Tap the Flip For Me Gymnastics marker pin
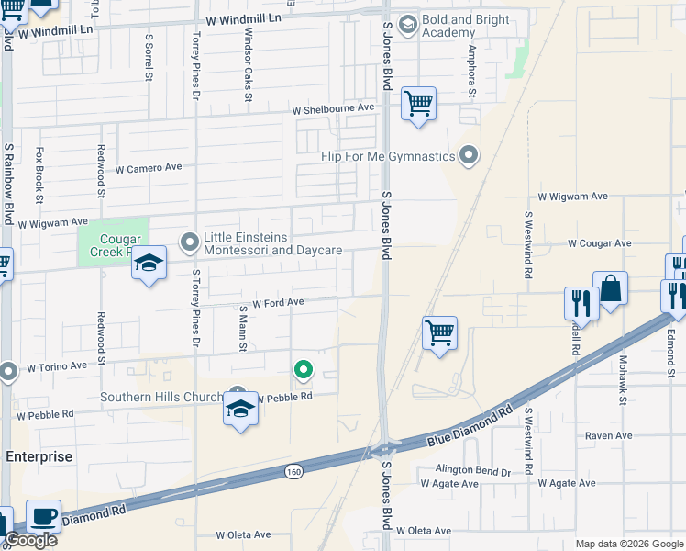pyautogui.click(x=470, y=155)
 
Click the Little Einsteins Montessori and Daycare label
pyautogui.click(x=272, y=243)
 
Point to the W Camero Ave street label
pyautogui.click(x=149, y=168)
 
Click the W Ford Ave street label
pyautogui.click(x=278, y=302)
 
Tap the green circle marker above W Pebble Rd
pyautogui.click(x=302, y=370)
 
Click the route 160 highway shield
pyautogui.click(x=293, y=471)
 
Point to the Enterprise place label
pyautogui.click(x=39, y=456)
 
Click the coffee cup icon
pyautogui.click(x=43, y=516)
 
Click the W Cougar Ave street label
pyautogui.click(x=599, y=243)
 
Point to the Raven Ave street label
pyautogui.click(x=610, y=435)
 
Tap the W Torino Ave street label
pyautogui.click(x=57, y=365)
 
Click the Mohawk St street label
pyautogui.click(x=622, y=380)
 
